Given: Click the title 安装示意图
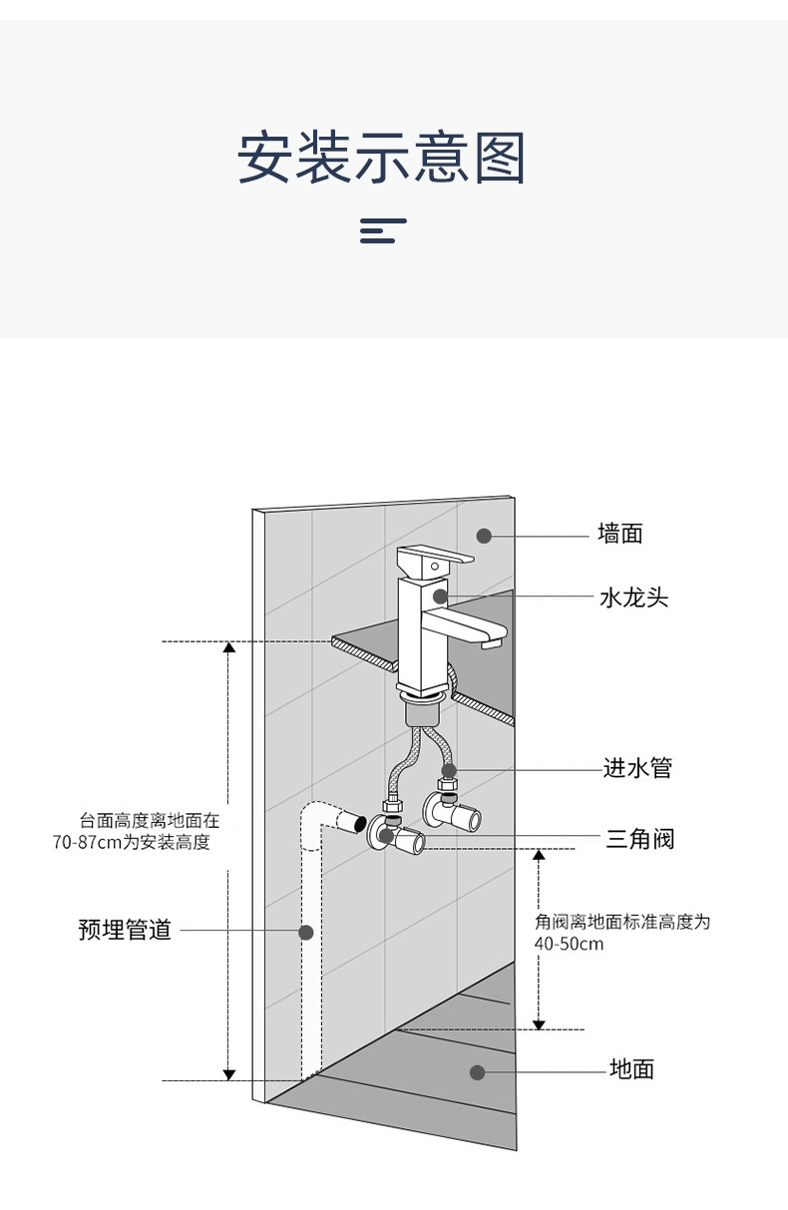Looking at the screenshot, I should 381,159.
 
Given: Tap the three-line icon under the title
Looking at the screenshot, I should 383,230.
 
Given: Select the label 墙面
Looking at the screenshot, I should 619,535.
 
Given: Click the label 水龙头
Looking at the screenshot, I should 633,598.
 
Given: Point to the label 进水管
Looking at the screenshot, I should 637,768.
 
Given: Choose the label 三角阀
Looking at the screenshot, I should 640,839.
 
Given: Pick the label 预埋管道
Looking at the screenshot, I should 125,931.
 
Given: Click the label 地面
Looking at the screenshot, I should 631,1070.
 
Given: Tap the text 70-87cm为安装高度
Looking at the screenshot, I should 132,843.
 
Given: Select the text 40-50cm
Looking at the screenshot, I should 570,944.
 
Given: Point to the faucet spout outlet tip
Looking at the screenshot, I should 491,645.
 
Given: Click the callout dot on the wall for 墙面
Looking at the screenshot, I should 484,536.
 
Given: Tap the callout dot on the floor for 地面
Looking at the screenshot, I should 478,1072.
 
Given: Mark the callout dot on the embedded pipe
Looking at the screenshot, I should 306,932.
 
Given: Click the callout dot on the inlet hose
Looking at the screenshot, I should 450,770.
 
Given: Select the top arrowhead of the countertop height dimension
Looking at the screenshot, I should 228,647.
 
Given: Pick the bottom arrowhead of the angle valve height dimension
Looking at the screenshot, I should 539,1023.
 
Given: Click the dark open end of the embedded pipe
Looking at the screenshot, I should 351,824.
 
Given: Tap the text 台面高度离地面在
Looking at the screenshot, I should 150,821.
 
